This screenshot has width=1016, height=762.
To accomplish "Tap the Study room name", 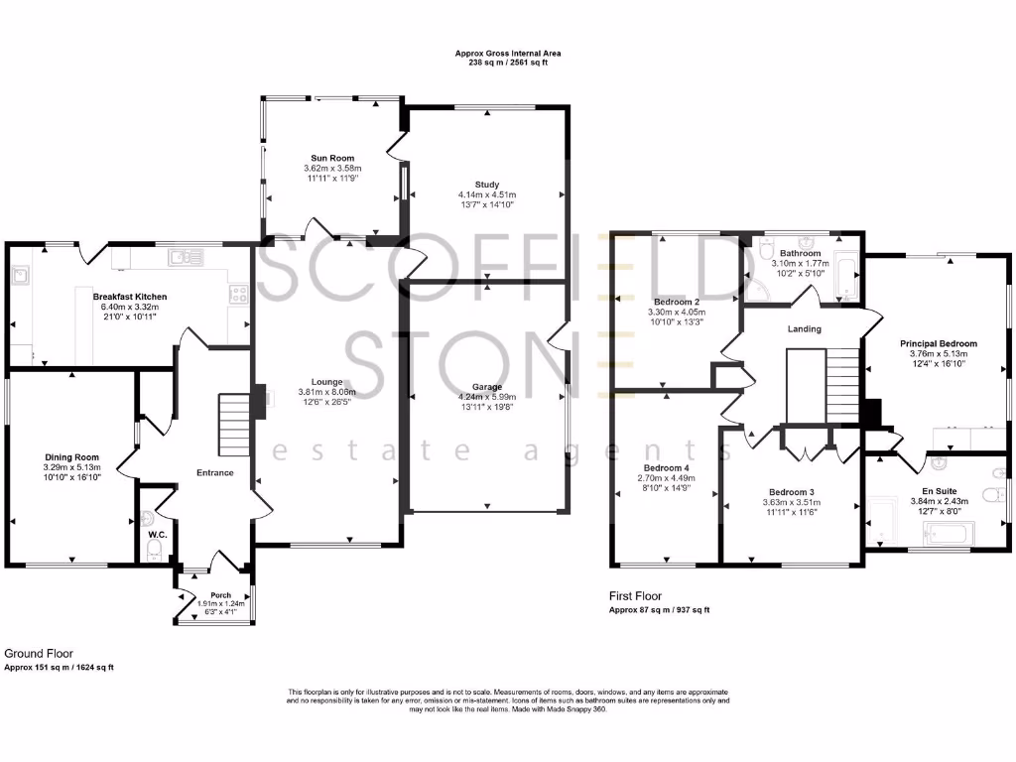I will coord(486,184).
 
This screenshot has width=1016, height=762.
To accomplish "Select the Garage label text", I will coord(486,387).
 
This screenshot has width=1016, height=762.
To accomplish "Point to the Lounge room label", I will coord(327,381).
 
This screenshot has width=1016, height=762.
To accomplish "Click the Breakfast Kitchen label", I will coord(130,297).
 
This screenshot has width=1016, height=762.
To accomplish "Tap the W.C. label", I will coord(156,535).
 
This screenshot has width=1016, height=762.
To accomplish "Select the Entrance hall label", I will coord(214,472).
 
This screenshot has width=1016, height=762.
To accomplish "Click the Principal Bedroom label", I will coord(938,343).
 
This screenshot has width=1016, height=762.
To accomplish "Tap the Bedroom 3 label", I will coord(791,491).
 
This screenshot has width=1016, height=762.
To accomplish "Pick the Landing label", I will coord(804,328).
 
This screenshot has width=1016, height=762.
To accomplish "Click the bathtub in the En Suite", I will coord(949,535).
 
